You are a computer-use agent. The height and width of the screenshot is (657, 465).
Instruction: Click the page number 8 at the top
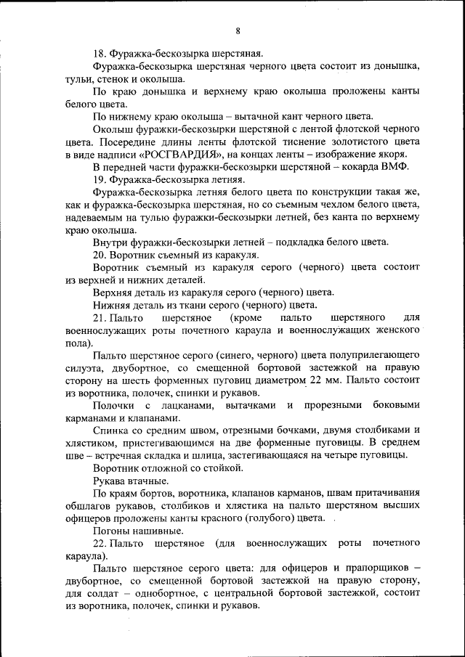point(238,30)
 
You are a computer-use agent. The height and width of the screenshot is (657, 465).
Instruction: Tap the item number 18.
point(100,53)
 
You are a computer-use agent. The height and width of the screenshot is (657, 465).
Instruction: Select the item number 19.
point(100,179)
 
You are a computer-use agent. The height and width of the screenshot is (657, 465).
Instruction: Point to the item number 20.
point(100,255)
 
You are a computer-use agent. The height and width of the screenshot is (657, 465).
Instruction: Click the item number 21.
point(100,318)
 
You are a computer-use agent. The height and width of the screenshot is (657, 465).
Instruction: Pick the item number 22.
point(100,543)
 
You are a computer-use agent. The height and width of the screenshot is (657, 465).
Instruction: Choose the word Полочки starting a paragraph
point(113,405)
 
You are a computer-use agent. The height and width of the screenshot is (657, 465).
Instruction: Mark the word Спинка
point(111,430)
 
